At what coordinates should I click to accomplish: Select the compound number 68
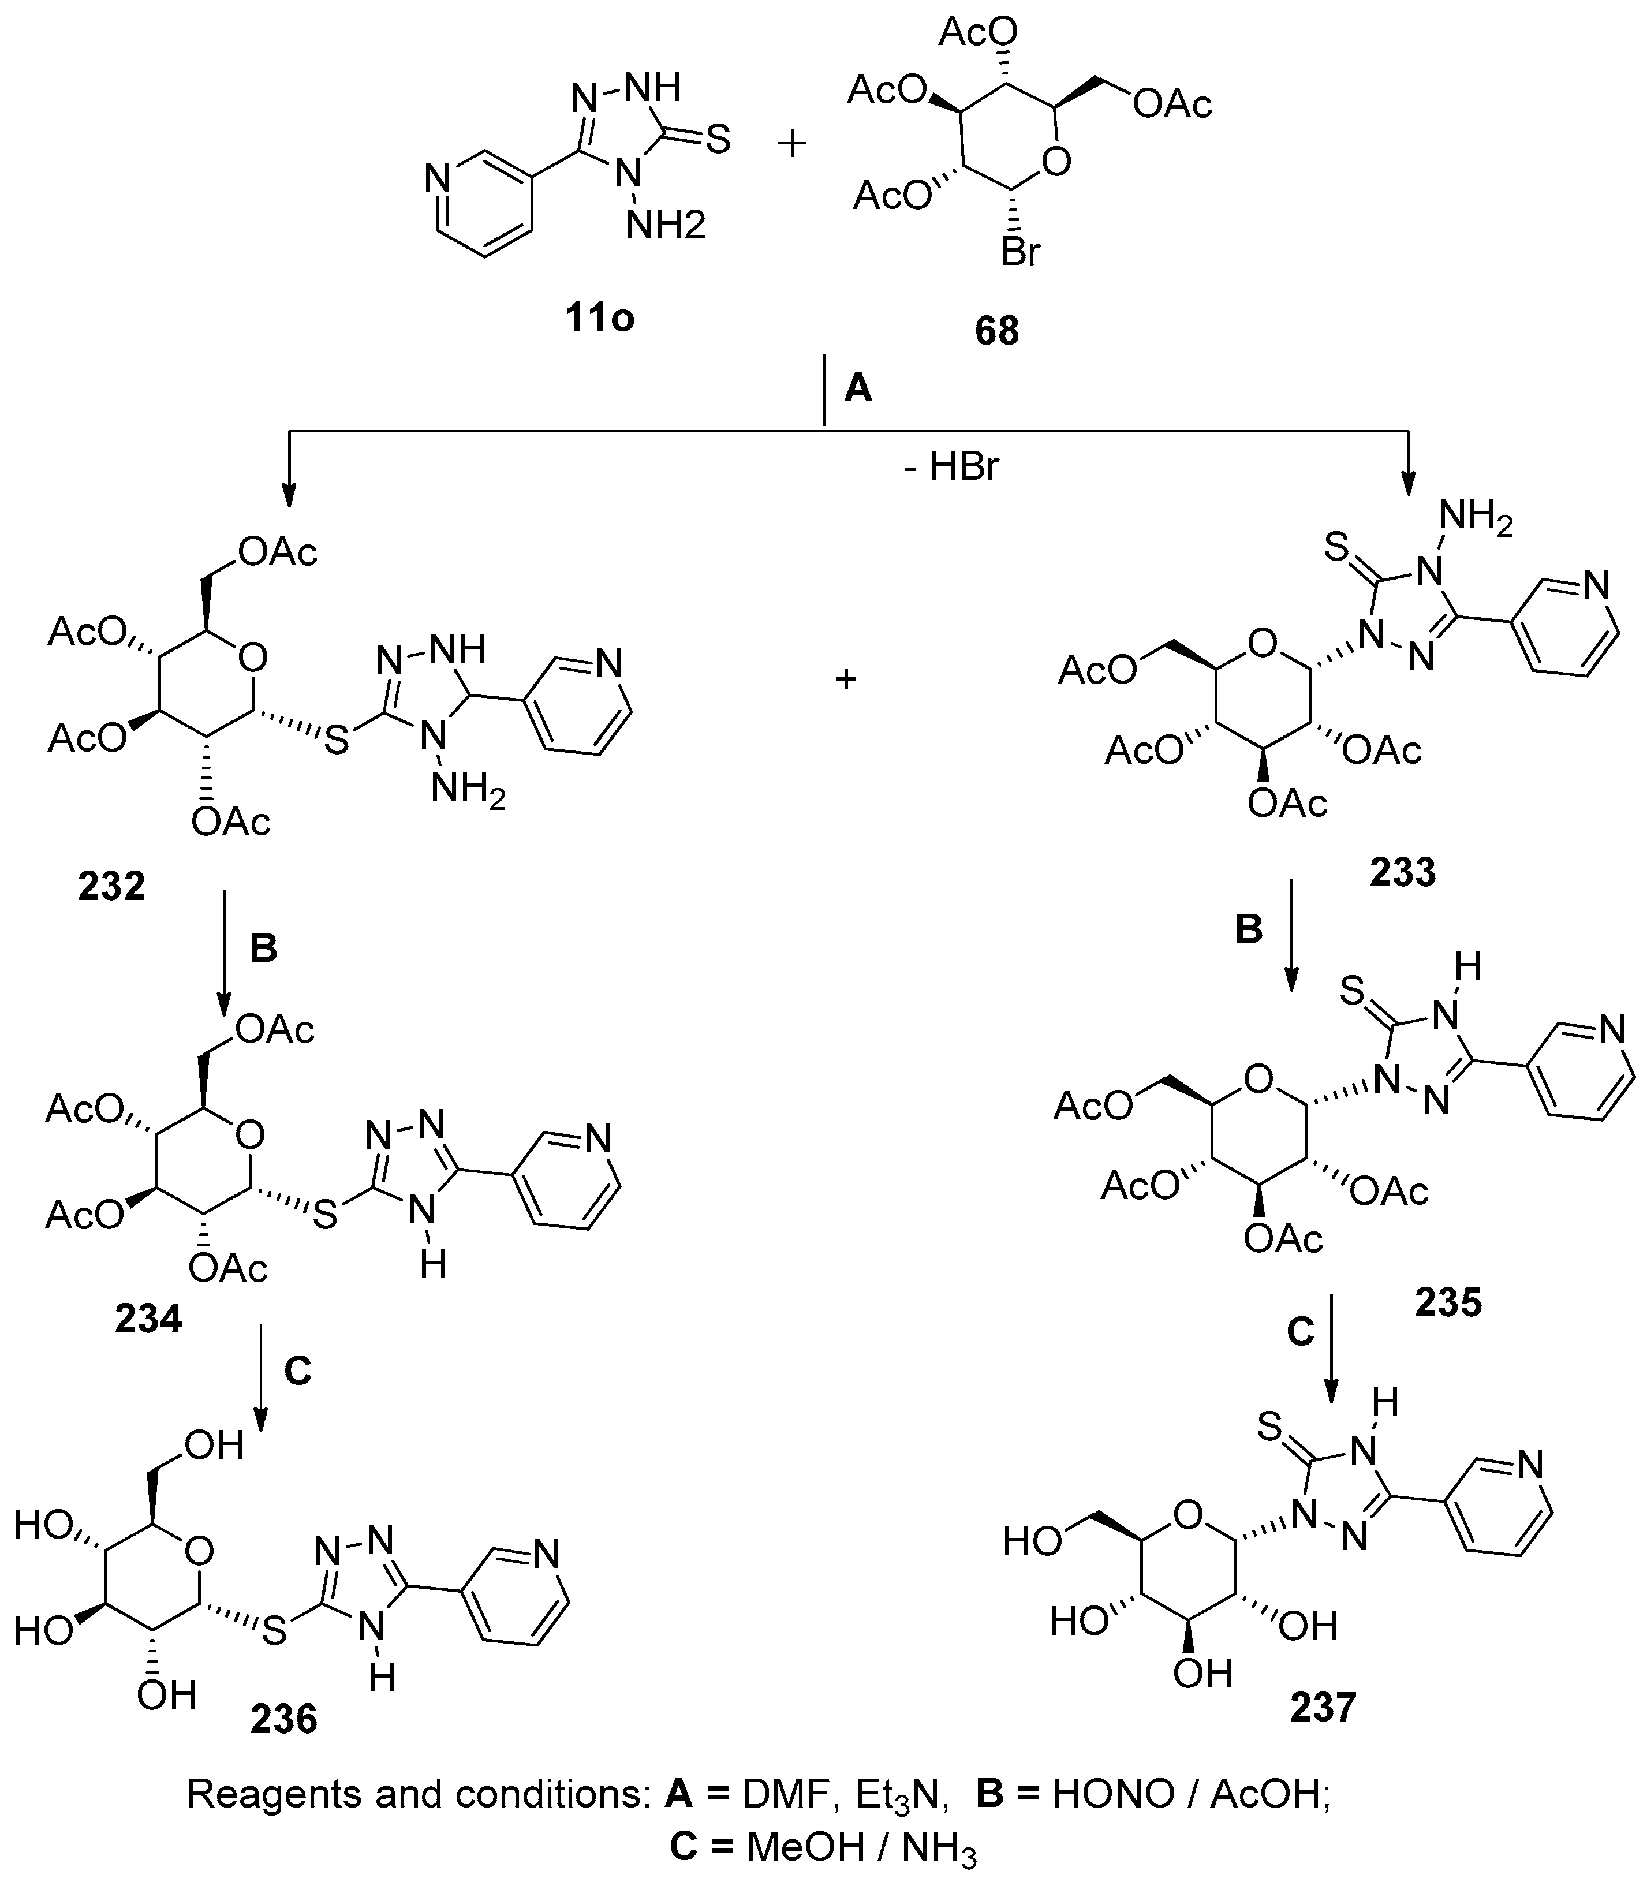pos(997,331)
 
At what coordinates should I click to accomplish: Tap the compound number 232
pos(111,887)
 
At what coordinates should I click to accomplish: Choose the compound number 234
pos(148,1320)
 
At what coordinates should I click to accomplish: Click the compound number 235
pos(1448,1302)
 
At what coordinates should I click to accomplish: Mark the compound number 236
pos(283,1719)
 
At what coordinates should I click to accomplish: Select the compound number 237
pos(1324,1708)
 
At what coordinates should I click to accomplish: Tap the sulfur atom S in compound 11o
pos(718,141)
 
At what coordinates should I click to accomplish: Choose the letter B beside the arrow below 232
pos(264,949)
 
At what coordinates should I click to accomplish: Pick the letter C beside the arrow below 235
pos(1299,1331)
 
